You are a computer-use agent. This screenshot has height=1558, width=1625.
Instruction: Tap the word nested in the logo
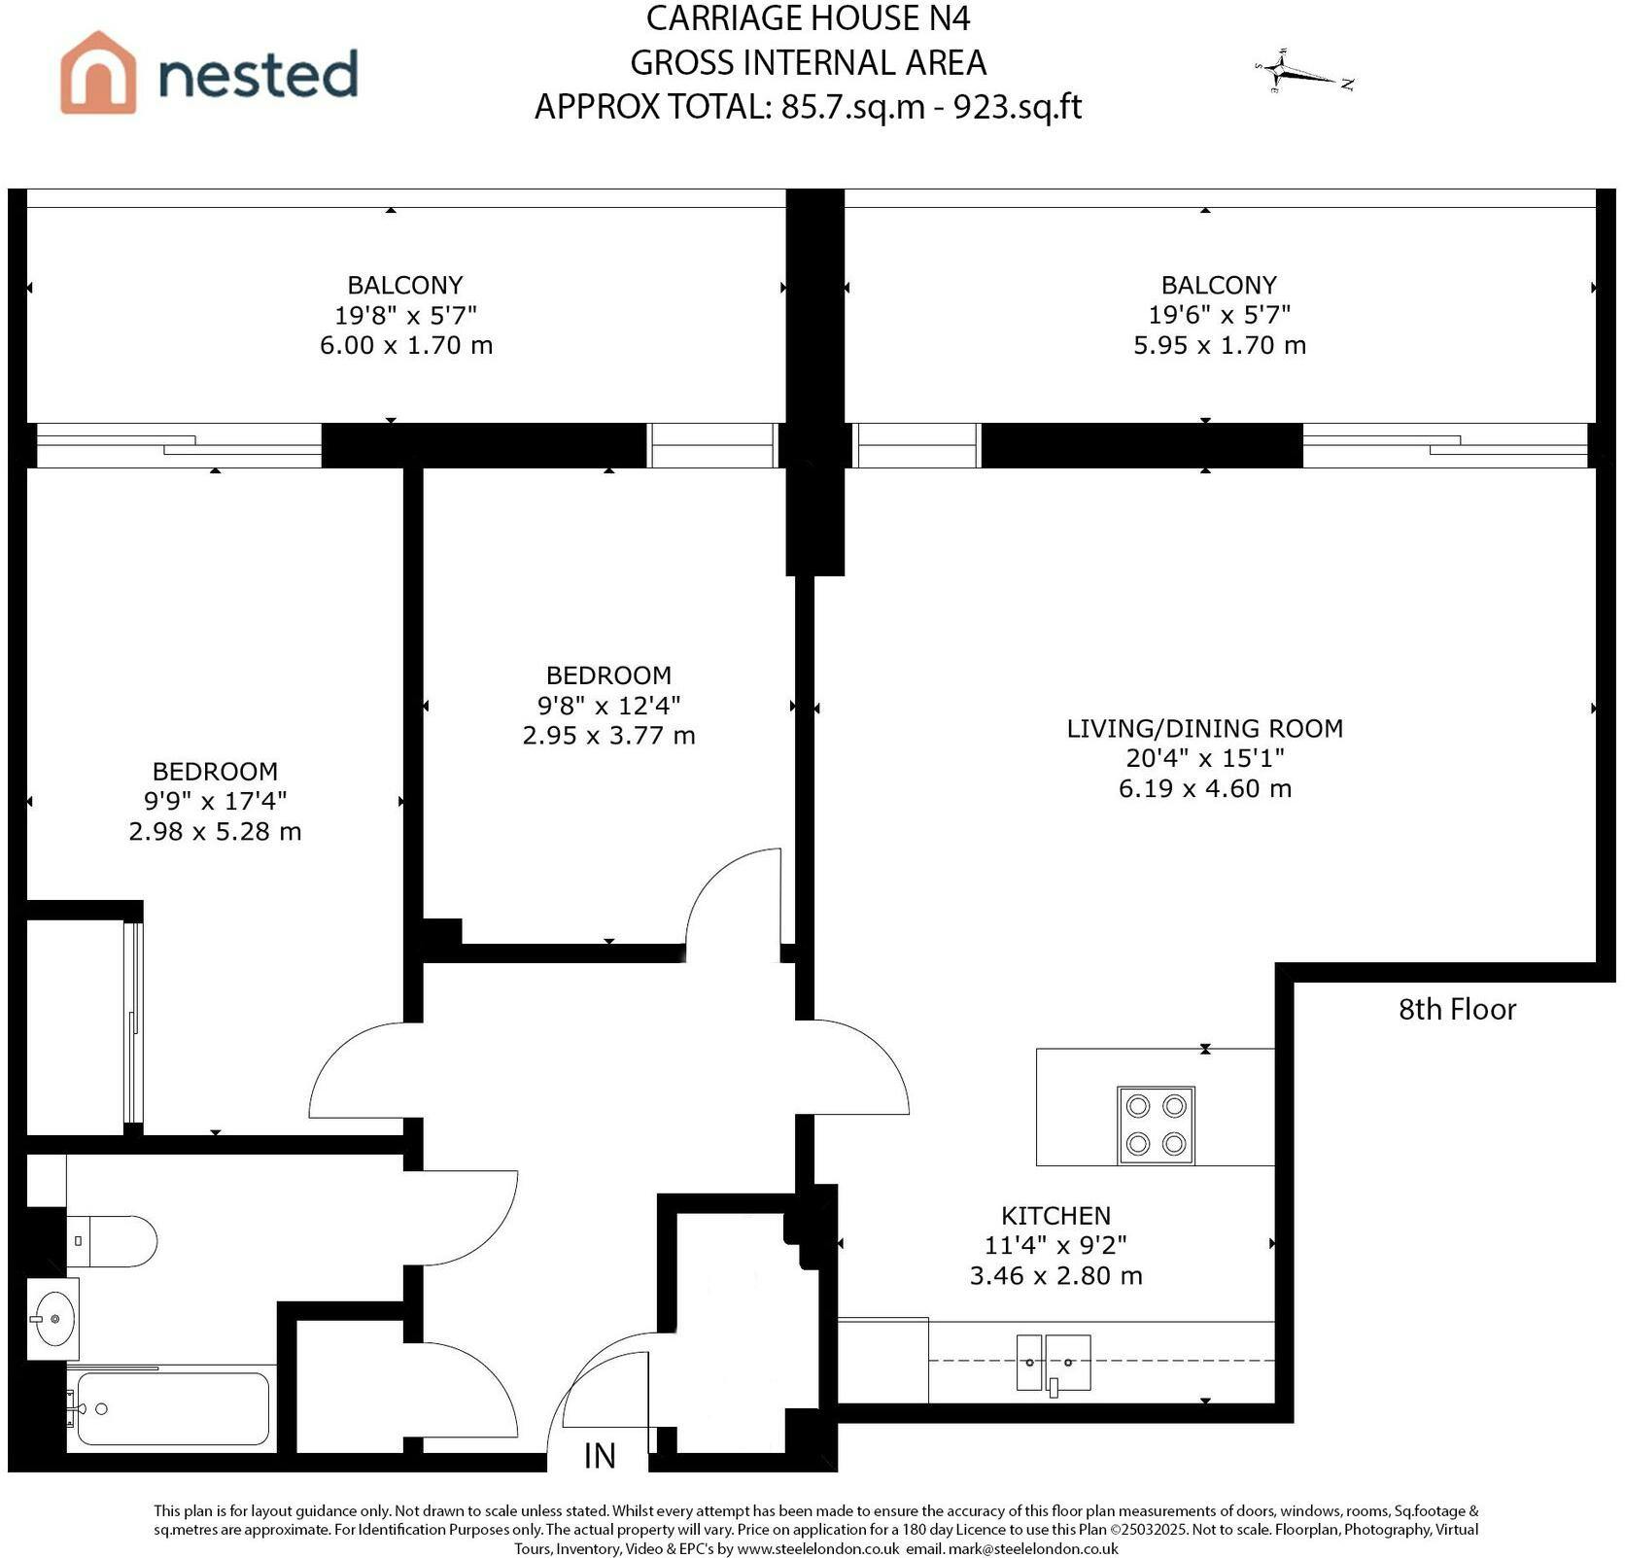pyautogui.click(x=259, y=75)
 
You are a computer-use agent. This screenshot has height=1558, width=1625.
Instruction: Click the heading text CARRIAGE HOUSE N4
pyautogui.click(x=808, y=18)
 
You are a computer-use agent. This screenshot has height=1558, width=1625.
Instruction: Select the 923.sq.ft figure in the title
pyautogui.click(x=1018, y=106)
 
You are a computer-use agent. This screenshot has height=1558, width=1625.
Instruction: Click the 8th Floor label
pyautogui.click(x=1457, y=1010)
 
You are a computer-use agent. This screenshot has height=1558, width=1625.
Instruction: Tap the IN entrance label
pyautogui.click(x=600, y=1455)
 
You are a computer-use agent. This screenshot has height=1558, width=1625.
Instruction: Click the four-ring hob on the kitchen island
pyautogui.click(x=1157, y=1125)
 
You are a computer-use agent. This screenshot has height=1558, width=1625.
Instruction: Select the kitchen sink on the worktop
pyautogui.click(x=1054, y=1363)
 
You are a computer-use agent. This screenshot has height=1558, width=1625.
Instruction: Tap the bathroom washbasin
pyautogui.click(x=53, y=1319)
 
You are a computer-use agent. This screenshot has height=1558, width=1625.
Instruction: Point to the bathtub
pyautogui.click(x=172, y=1408)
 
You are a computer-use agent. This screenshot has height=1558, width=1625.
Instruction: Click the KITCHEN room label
pyautogui.click(x=1055, y=1215)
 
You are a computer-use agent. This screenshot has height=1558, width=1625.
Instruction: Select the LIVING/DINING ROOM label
pyautogui.click(x=1205, y=728)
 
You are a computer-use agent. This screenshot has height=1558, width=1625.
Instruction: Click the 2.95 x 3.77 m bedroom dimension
pyautogui.click(x=608, y=736)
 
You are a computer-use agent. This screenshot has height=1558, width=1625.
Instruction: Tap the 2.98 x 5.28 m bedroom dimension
pyautogui.click(x=215, y=832)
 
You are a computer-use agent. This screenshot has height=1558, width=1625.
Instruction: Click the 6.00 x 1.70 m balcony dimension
pyautogui.click(x=406, y=345)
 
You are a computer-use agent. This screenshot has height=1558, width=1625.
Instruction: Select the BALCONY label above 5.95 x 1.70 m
pyautogui.click(x=1219, y=285)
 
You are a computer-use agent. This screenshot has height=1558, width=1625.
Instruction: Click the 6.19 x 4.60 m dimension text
pyautogui.click(x=1205, y=788)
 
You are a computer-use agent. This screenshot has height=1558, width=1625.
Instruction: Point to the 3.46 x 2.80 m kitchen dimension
pyautogui.click(x=1055, y=1275)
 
